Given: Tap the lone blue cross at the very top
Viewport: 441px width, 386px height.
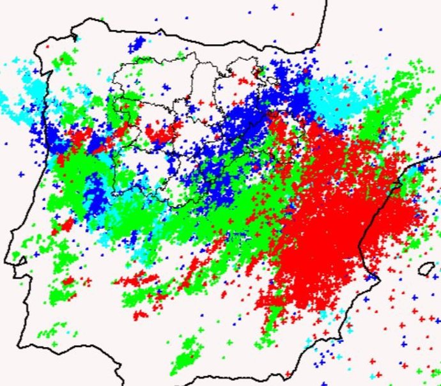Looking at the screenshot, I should tap(274, 7).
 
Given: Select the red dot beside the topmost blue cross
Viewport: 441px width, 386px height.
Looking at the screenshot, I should tap(292, 12).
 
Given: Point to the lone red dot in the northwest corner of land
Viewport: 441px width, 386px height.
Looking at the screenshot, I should tap(48, 47).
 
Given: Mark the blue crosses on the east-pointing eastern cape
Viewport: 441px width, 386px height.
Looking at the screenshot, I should tap(419, 169).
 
